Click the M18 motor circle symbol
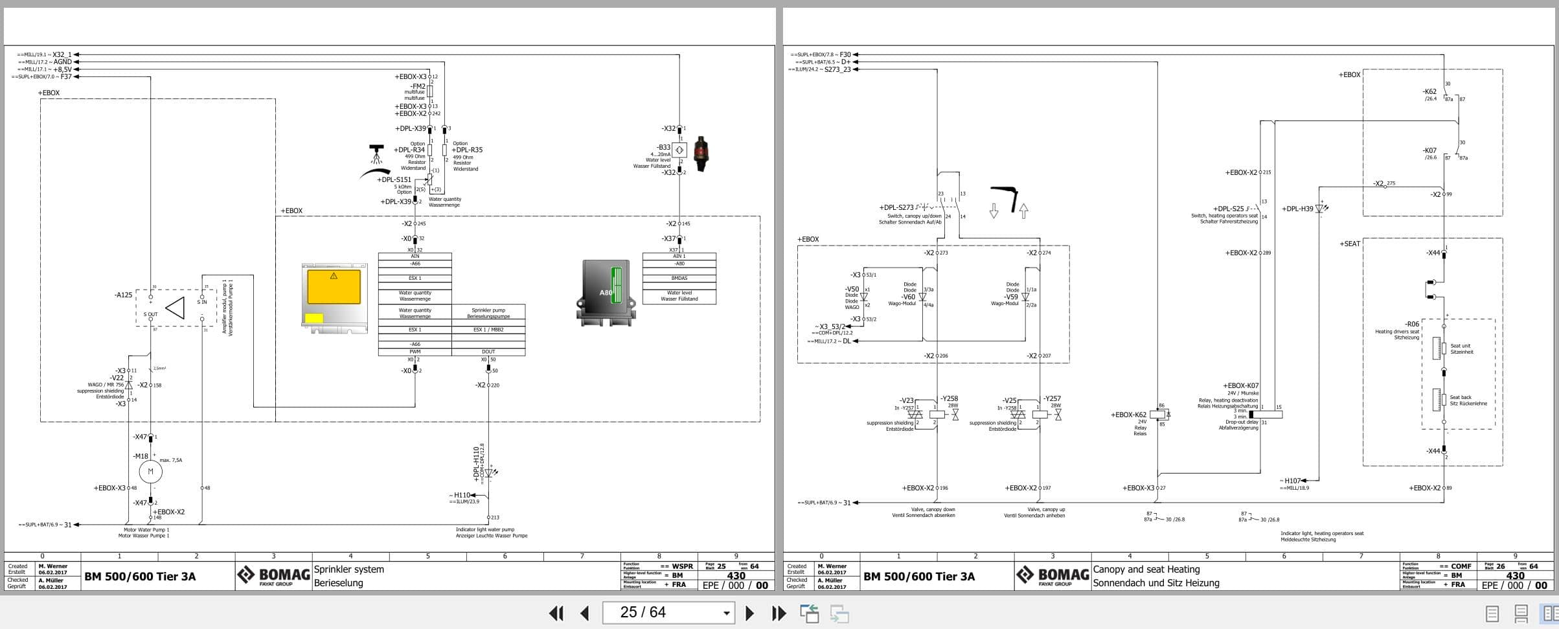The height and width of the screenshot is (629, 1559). coord(150,472)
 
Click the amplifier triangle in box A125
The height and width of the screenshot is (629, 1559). coord(176,308)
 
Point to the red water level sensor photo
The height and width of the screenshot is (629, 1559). coord(700,154)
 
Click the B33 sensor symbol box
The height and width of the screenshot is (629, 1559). coord(679,150)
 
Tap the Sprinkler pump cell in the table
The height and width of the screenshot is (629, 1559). coord(488,313)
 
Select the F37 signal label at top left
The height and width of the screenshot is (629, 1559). coord(66,77)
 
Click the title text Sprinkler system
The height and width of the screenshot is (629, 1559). coord(349,569)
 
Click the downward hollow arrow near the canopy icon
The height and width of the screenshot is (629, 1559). coord(994,211)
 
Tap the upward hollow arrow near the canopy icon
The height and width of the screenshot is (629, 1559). coord(1023,211)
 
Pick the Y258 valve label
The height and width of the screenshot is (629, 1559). coord(950,399)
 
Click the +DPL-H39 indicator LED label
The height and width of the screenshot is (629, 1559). coord(1297,209)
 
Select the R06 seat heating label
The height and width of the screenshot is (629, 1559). coord(1411,324)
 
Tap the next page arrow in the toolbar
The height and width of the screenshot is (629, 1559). coord(749,613)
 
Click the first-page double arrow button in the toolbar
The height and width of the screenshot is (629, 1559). coord(556,613)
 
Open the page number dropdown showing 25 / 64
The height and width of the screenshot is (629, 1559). coord(727,613)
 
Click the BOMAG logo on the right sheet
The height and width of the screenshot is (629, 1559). coord(1053,575)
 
